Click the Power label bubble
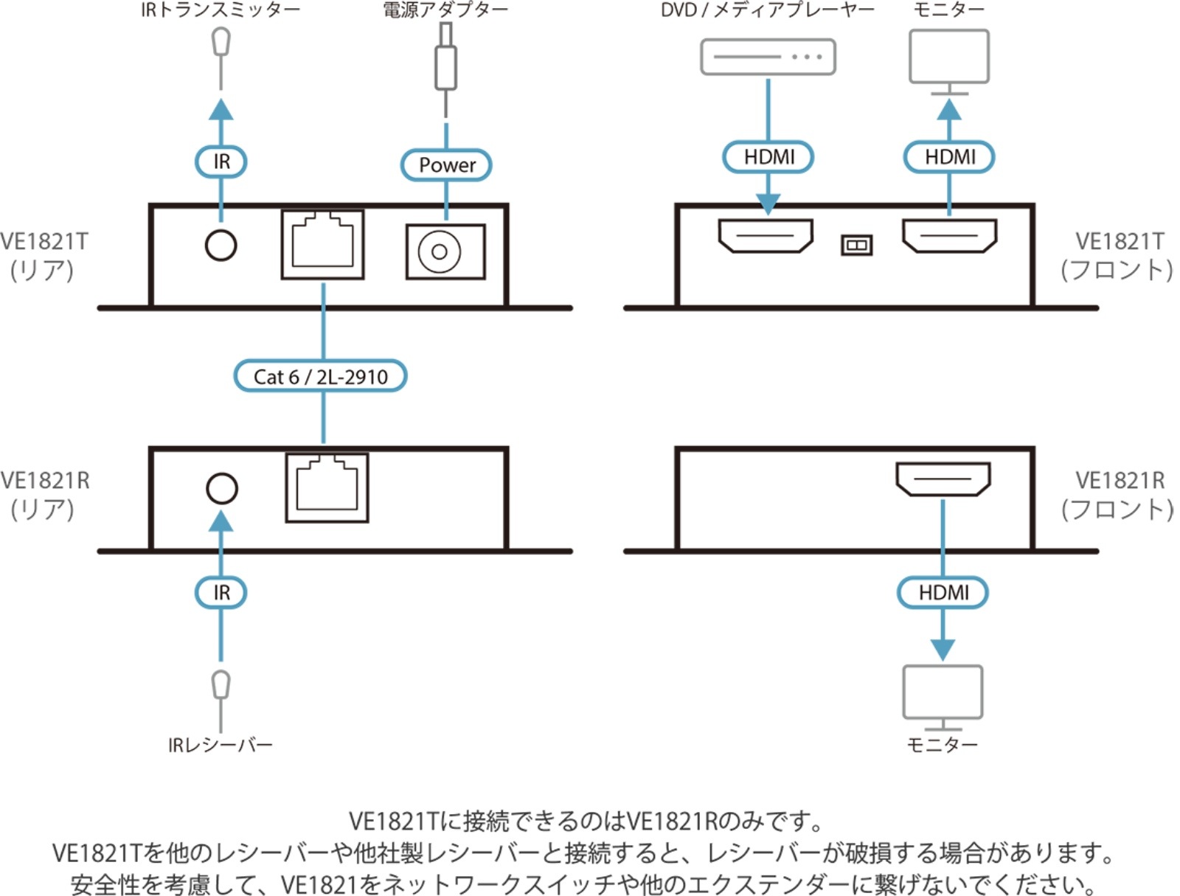(x=446, y=164)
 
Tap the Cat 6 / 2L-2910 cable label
(x=320, y=376)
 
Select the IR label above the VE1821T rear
(x=221, y=162)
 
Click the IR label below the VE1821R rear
(x=221, y=592)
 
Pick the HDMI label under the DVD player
(x=768, y=157)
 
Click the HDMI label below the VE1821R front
(x=943, y=592)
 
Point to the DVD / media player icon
(x=768, y=57)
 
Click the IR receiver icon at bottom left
(x=221, y=685)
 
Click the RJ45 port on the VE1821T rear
(x=322, y=244)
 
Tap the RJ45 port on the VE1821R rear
(x=327, y=487)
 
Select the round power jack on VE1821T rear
(x=440, y=252)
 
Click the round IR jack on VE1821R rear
(x=221, y=488)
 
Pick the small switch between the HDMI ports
(x=856, y=245)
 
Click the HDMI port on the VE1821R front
(x=943, y=479)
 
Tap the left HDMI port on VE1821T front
(x=766, y=236)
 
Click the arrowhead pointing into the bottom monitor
(x=943, y=649)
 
